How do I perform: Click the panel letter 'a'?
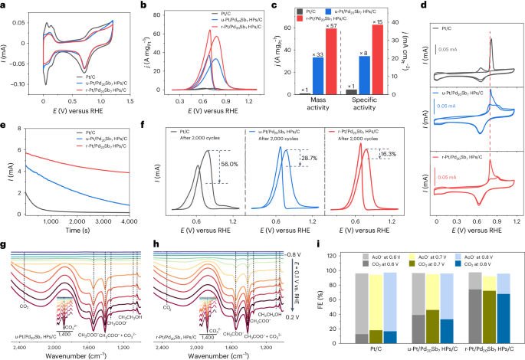click(x=5, y=5)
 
